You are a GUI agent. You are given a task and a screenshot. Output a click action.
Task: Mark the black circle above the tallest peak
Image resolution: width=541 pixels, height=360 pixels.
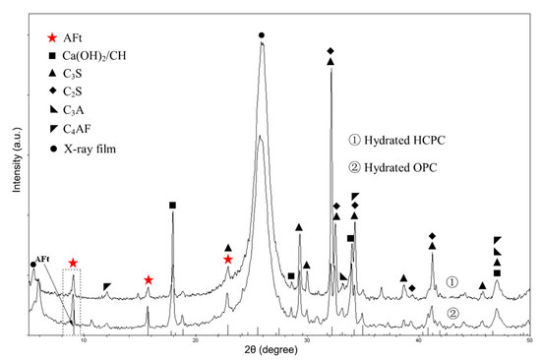click(261, 35)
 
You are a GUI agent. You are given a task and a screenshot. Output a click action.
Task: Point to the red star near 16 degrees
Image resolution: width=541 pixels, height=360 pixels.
click(148, 280)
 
